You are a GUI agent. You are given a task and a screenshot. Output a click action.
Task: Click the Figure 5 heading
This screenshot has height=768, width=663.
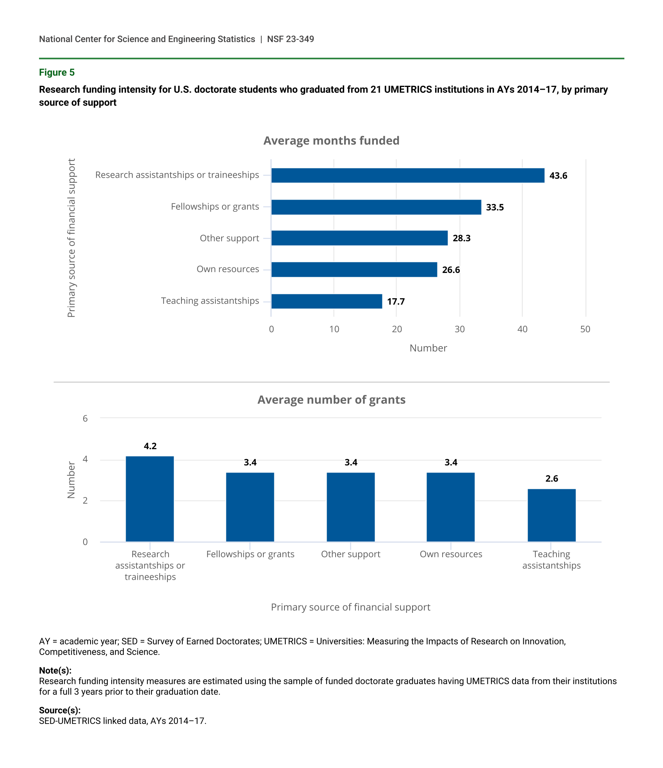pos(57,73)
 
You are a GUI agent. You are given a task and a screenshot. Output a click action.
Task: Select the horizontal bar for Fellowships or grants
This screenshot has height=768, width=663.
pos(376,207)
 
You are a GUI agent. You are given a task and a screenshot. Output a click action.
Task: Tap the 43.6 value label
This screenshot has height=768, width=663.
pos(558,176)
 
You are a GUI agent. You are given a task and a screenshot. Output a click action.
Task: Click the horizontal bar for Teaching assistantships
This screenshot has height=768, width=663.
pos(326,301)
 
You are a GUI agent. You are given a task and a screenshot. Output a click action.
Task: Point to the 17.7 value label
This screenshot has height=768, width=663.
pos(396,302)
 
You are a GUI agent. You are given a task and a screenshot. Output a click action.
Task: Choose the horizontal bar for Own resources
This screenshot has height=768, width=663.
pos(354,269)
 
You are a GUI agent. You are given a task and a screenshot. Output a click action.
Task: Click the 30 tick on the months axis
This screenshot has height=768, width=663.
pos(460,329)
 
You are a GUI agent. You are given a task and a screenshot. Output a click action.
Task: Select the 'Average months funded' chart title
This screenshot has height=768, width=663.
pos(331,141)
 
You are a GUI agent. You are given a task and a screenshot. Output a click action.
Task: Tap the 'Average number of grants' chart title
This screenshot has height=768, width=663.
pos(331,400)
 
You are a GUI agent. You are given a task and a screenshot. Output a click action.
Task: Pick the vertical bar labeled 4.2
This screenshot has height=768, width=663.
pos(150,499)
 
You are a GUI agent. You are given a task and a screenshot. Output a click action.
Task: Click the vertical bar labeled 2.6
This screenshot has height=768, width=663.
pos(551,515)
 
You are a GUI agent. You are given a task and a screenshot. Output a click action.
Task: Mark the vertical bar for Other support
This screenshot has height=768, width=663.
pos(350,507)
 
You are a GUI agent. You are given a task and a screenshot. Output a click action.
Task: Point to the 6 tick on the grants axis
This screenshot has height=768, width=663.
pos(85,419)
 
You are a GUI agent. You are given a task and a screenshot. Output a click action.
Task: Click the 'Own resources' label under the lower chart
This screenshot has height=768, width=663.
pos(451,554)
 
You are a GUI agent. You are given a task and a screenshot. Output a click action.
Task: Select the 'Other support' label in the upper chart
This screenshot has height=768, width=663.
pos(229,238)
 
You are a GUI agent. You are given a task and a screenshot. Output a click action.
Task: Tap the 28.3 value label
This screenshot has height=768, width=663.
pos(461,239)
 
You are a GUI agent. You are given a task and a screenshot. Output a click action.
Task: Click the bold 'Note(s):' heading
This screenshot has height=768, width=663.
pos(55,671)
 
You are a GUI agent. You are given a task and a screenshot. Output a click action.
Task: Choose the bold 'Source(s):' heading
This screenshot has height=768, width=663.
pos(60,710)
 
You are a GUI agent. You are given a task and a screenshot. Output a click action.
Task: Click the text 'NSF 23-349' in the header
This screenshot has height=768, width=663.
pos(290,39)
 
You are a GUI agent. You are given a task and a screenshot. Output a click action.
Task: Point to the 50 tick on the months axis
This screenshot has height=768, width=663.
pos(585,329)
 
